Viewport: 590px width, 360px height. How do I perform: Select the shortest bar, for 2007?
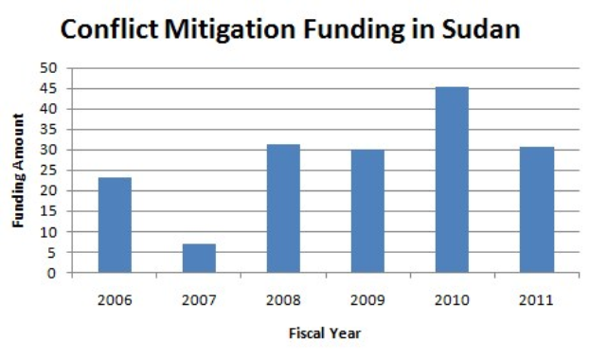(199, 259)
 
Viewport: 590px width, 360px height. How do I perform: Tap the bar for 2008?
(283, 208)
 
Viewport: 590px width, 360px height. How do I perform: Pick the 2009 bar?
(367, 211)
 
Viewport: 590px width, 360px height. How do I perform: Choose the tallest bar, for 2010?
(452, 180)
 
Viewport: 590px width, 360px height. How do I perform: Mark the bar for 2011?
(536, 210)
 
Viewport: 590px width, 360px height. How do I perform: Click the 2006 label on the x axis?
(115, 300)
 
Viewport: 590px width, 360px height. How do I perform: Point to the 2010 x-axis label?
(452, 300)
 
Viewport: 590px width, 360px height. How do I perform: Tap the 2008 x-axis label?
(283, 300)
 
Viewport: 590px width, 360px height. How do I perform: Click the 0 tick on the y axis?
(53, 274)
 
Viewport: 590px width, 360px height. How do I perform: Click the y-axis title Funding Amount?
(18, 171)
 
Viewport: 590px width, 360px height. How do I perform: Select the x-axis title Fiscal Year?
(326, 333)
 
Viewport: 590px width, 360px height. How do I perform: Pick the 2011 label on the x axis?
(536, 300)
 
